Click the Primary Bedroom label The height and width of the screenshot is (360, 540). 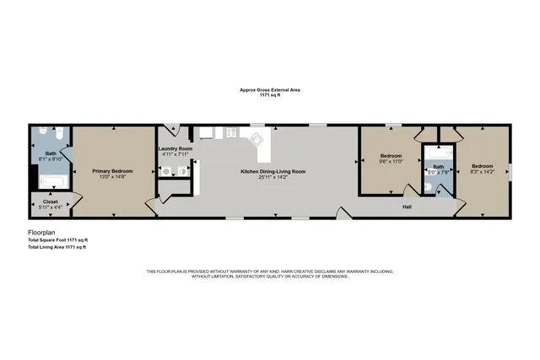pyautogui.click(x=114, y=170)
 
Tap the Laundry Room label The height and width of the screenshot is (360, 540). pyautogui.click(x=175, y=149)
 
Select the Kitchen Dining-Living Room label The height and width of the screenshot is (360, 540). pyautogui.click(x=273, y=171)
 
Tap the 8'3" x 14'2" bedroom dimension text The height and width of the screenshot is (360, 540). pyautogui.click(x=482, y=172)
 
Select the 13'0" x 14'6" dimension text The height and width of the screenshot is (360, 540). pyautogui.click(x=114, y=176)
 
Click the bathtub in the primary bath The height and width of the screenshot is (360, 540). pyautogui.click(x=52, y=180)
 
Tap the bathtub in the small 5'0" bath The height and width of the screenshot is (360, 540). pyautogui.click(x=437, y=153)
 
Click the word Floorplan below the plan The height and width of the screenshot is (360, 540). pyautogui.click(x=42, y=231)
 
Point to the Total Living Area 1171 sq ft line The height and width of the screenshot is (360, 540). pyautogui.click(x=57, y=247)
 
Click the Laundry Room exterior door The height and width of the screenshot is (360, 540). pyautogui.click(x=174, y=131)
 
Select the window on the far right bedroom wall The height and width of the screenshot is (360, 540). pyautogui.click(x=510, y=171)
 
